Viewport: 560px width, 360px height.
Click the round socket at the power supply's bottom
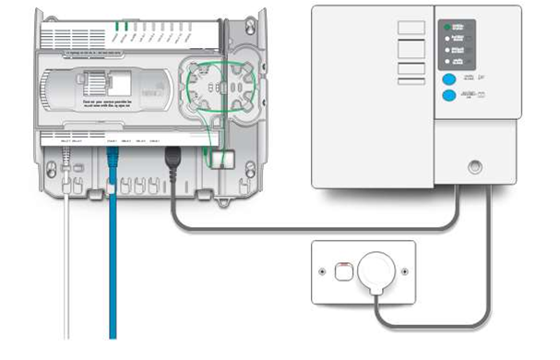point(475,168)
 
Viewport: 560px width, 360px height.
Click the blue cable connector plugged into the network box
point(113,159)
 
